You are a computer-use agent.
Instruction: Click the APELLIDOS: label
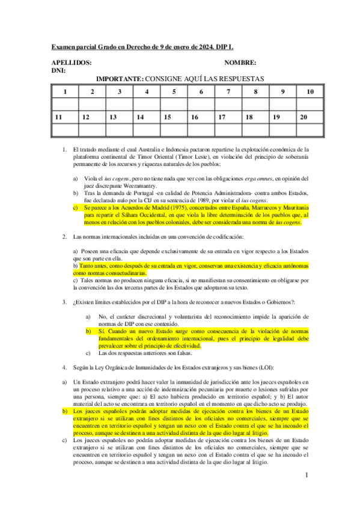72,63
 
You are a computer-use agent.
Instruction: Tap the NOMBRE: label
240,63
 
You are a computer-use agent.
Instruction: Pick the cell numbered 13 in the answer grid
120,117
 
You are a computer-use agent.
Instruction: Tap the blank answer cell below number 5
174,104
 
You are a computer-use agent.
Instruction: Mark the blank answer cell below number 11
65,129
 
